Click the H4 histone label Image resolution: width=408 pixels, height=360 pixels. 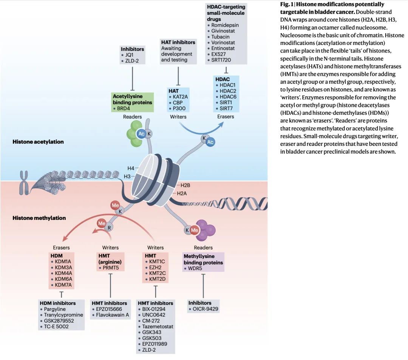click(x=131, y=168)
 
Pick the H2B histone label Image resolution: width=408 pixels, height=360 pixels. click(x=185, y=185)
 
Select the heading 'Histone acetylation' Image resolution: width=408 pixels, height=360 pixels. click(x=38, y=142)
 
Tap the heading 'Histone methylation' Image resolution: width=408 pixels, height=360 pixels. click(x=39, y=218)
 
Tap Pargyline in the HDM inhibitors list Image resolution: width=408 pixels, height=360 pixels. click(x=55, y=309)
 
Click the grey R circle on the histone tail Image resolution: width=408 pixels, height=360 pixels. click(x=110, y=228)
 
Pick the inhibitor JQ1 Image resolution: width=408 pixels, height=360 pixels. click(x=130, y=55)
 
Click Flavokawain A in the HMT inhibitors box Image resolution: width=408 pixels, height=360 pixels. click(x=112, y=315)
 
